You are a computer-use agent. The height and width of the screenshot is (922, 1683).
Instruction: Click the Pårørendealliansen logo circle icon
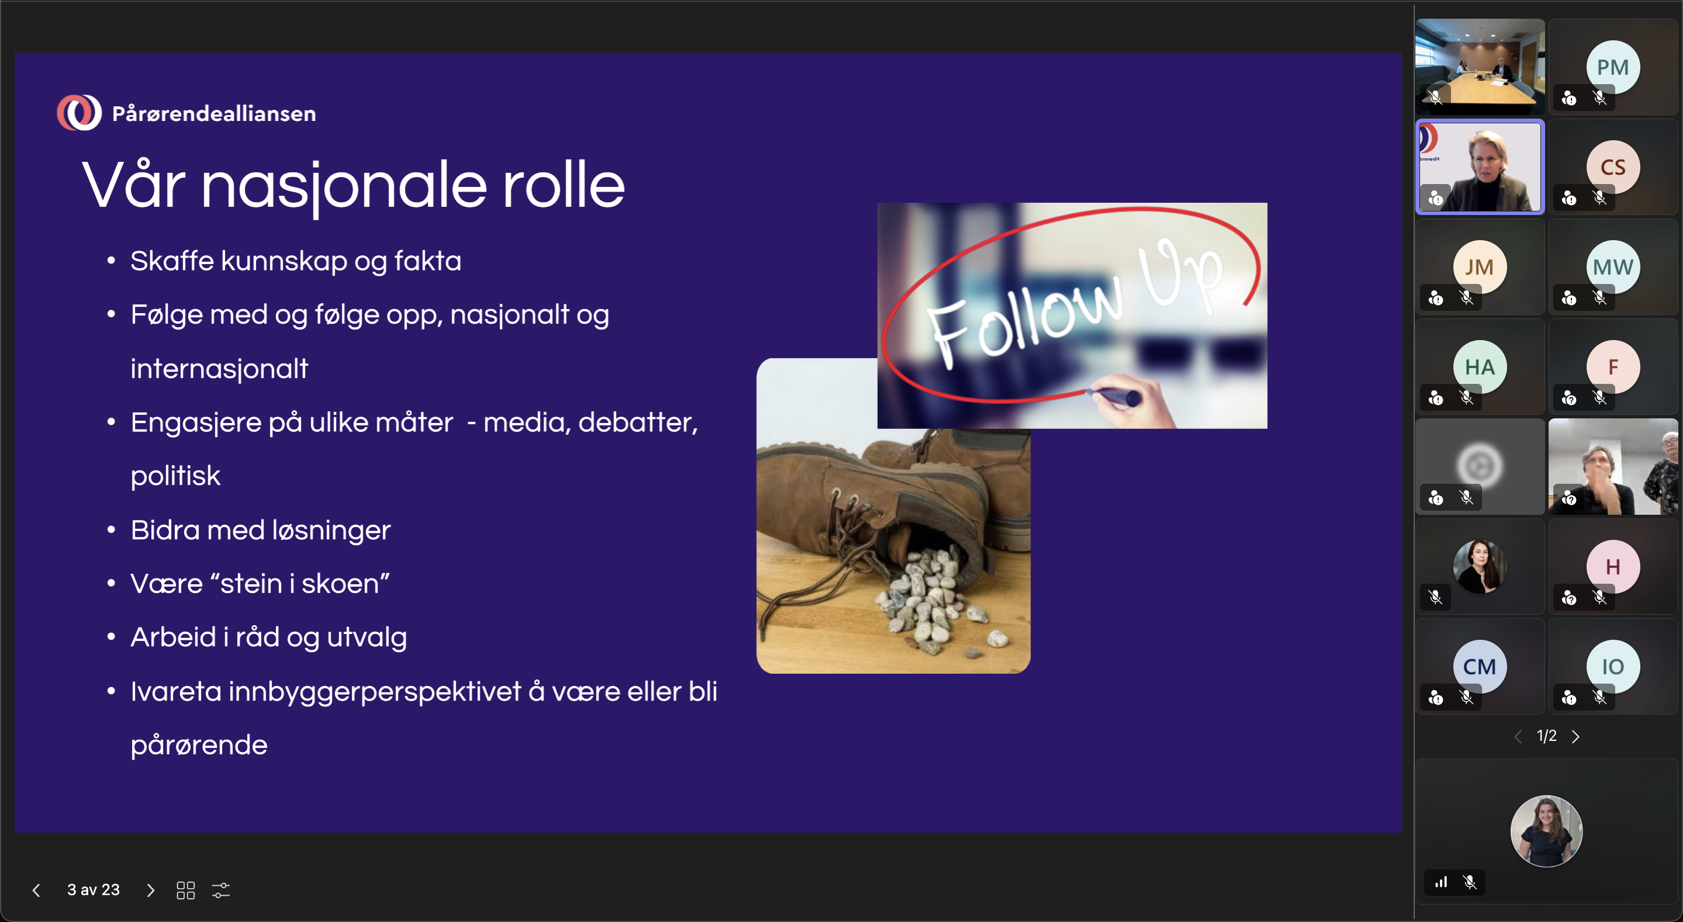tap(79, 112)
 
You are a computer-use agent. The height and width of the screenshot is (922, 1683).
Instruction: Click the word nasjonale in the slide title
tap(344, 187)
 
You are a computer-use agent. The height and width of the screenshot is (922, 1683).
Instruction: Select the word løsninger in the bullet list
tap(331, 531)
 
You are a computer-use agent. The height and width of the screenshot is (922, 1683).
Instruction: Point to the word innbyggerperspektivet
tap(375, 692)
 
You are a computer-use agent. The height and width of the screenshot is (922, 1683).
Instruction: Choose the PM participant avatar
tap(1612, 67)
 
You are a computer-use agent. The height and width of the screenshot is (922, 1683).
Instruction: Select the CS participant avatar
tap(1612, 167)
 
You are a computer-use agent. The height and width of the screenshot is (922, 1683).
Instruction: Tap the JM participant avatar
tap(1479, 267)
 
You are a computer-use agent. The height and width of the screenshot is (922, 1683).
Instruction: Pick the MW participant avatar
tap(1612, 267)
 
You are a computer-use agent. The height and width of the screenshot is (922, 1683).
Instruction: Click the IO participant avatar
tap(1612, 667)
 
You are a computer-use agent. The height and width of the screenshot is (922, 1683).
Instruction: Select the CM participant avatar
tap(1479, 667)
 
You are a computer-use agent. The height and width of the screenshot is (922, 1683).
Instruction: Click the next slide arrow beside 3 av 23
tap(150, 890)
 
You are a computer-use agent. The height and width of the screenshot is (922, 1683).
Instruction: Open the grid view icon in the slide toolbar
tap(186, 890)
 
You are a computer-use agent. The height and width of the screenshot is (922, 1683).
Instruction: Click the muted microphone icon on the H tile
tap(1599, 597)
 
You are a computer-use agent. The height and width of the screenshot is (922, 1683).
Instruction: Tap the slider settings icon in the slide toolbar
tap(221, 890)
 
